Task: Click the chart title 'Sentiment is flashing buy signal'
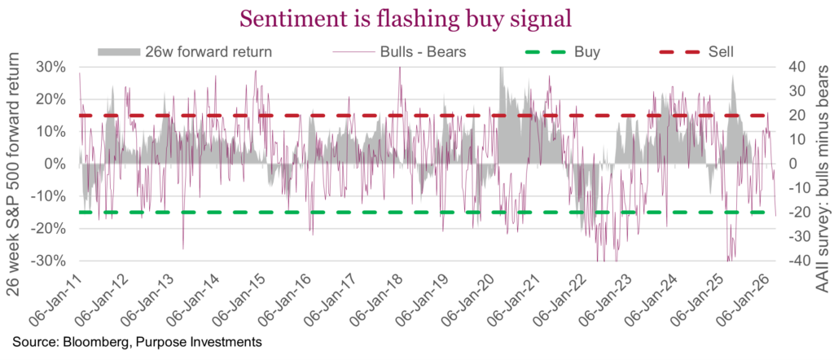pyautogui.click(x=416, y=17)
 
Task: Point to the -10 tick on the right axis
pyautogui.click(x=796, y=188)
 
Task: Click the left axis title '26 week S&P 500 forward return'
pyautogui.click(x=17, y=163)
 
